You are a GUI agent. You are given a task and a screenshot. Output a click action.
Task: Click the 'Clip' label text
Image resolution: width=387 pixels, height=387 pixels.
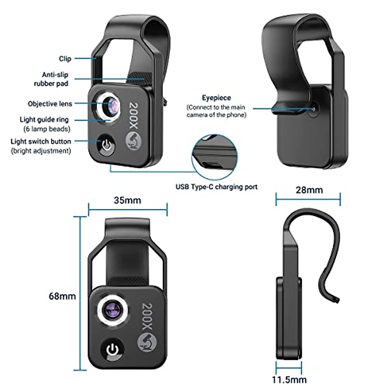tap(65, 59)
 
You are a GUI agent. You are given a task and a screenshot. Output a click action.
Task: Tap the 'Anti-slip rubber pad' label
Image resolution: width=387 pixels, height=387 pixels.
tap(51, 79)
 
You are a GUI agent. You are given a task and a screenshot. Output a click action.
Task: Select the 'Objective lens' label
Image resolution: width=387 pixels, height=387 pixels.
tap(50, 104)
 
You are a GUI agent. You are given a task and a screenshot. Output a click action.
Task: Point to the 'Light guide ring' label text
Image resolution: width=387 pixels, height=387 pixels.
tap(44, 120)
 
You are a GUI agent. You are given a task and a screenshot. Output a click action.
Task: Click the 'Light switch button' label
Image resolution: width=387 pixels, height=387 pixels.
tap(41, 141)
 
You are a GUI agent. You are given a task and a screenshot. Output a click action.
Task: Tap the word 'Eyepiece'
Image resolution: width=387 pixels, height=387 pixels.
tap(216, 97)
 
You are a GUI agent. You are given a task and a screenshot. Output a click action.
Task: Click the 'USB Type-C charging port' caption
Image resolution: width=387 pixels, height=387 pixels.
tap(216, 187)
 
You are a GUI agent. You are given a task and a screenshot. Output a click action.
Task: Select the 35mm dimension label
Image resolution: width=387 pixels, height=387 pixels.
tap(127, 200)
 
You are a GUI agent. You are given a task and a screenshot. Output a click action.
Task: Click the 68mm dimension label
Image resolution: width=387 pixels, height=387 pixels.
tap(62, 296)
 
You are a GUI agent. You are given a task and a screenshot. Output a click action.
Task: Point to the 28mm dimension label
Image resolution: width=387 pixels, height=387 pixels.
tap(309, 190)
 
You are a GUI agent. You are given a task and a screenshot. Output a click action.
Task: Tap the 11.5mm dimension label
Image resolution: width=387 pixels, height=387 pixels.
tap(289, 380)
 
